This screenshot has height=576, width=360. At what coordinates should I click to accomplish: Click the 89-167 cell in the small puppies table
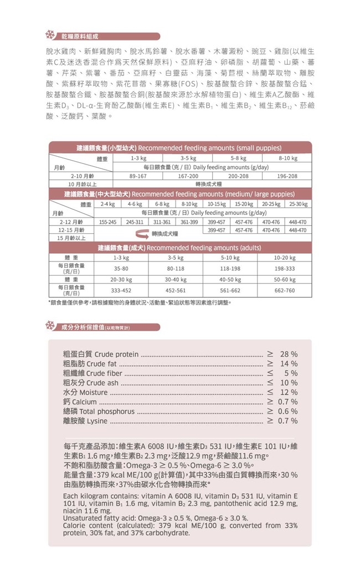click(x=137, y=176)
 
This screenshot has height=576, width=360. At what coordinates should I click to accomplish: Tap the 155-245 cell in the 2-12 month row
click(x=107, y=222)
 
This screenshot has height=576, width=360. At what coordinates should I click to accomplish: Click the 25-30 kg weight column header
click(x=297, y=204)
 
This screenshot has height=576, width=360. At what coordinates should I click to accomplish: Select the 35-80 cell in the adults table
click(x=121, y=268)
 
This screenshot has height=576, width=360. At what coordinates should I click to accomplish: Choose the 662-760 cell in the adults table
click(x=285, y=290)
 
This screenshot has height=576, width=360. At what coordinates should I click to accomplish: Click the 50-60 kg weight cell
click(x=285, y=280)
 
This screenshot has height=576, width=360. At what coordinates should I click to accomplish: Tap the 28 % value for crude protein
click(x=289, y=354)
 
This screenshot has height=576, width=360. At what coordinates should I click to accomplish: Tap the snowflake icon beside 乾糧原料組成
click(x=49, y=37)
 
